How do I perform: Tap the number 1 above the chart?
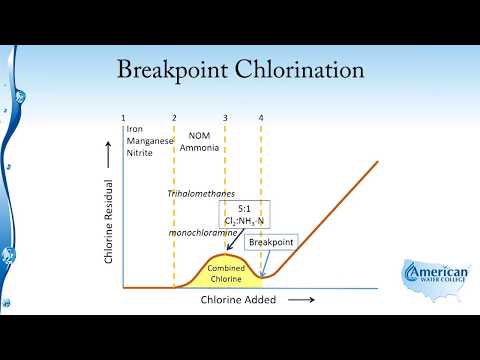click(x=123, y=119)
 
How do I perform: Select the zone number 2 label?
click(x=174, y=119)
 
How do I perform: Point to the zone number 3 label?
click(x=225, y=119)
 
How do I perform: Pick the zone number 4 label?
click(x=261, y=119)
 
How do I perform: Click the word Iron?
click(x=133, y=131)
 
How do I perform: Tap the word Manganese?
click(x=148, y=144)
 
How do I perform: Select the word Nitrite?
click(x=137, y=157)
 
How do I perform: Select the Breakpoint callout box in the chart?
click(x=270, y=242)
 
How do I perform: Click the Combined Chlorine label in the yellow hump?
click(x=226, y=274)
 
